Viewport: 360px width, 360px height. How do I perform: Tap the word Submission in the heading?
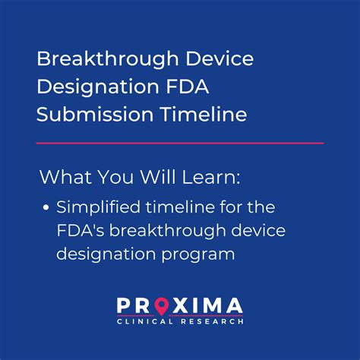(x=88, y=114)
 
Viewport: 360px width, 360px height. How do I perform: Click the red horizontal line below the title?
(x=180, y=142)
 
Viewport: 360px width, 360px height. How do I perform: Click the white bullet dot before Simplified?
(x=46, y=207)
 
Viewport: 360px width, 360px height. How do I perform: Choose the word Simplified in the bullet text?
(x=94, y=207)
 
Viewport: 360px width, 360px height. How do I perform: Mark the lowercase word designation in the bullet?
(x=106, y=254)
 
